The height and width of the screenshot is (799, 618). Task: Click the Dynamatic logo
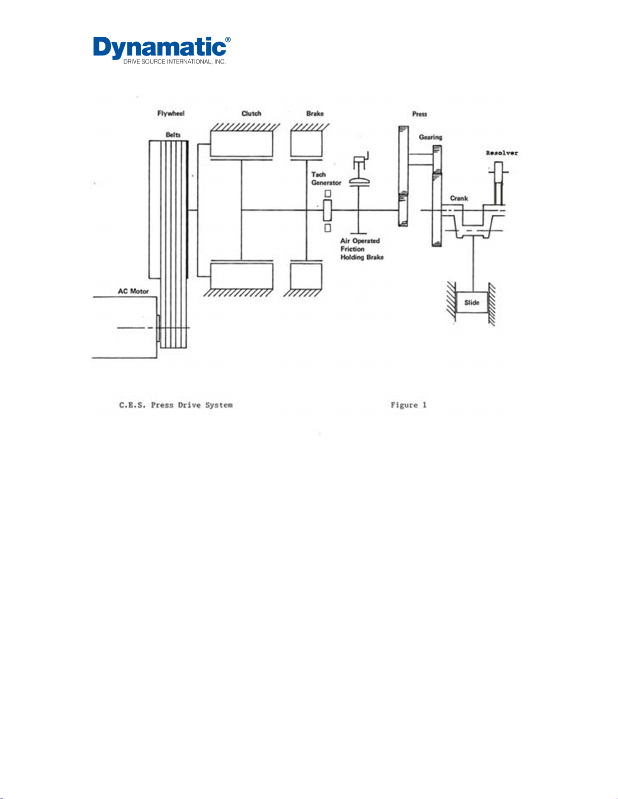coord(162,48)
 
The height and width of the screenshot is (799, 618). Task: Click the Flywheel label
coord(171,113)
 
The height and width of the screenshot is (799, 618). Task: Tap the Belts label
coord(173,135)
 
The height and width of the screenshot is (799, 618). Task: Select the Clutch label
coord(251,113)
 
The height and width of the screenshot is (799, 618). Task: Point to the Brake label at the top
coord(315,113)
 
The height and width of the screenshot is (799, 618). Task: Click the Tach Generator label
coord(325,178)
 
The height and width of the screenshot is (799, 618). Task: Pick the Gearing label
coord(430,137)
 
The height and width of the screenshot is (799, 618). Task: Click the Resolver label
coord(501,153)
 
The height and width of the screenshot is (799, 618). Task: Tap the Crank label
coord(459,198)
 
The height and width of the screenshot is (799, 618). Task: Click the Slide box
coord(472,302)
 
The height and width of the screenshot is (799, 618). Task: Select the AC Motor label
coord(133,291)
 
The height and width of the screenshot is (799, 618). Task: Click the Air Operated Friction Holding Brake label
coord(362,249)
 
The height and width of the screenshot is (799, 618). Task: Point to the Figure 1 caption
coord(408,405)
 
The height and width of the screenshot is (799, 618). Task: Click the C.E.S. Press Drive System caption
coord(176,405)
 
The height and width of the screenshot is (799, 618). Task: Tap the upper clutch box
coord(241,143)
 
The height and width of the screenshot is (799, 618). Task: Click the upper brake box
coord(306,143)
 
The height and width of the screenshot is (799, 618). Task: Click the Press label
coord(419,114)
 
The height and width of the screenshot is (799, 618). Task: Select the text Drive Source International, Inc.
coord(175,62)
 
